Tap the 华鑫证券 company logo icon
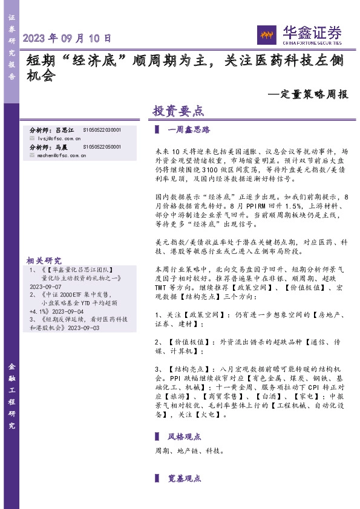(266, 34)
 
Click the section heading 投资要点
(177, 111)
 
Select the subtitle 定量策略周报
(312, 94)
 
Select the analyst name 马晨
(61, 147)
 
